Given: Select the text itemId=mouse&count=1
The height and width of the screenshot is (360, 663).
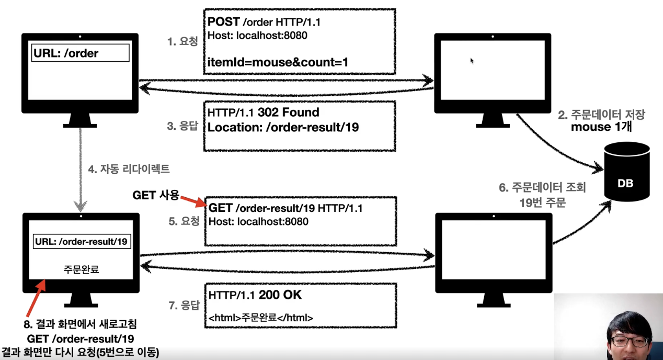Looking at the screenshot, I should (278, 62).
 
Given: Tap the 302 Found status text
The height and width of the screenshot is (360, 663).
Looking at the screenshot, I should (288, 113).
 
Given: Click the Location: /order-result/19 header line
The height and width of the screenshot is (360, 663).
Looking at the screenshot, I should (283, 127).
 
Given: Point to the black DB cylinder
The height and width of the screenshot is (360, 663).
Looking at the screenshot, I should (626, 172).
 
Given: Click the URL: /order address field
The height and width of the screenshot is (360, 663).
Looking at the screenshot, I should (80, 53).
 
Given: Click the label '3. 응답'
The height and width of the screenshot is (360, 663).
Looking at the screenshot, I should (183, 126).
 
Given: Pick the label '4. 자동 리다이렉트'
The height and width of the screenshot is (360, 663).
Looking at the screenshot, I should (129, 170).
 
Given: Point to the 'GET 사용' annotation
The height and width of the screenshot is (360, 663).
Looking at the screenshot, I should (156, 195).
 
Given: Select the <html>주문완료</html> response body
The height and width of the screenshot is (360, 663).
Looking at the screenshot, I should (261, 317).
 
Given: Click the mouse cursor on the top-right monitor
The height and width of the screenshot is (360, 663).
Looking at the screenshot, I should (472, 61).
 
